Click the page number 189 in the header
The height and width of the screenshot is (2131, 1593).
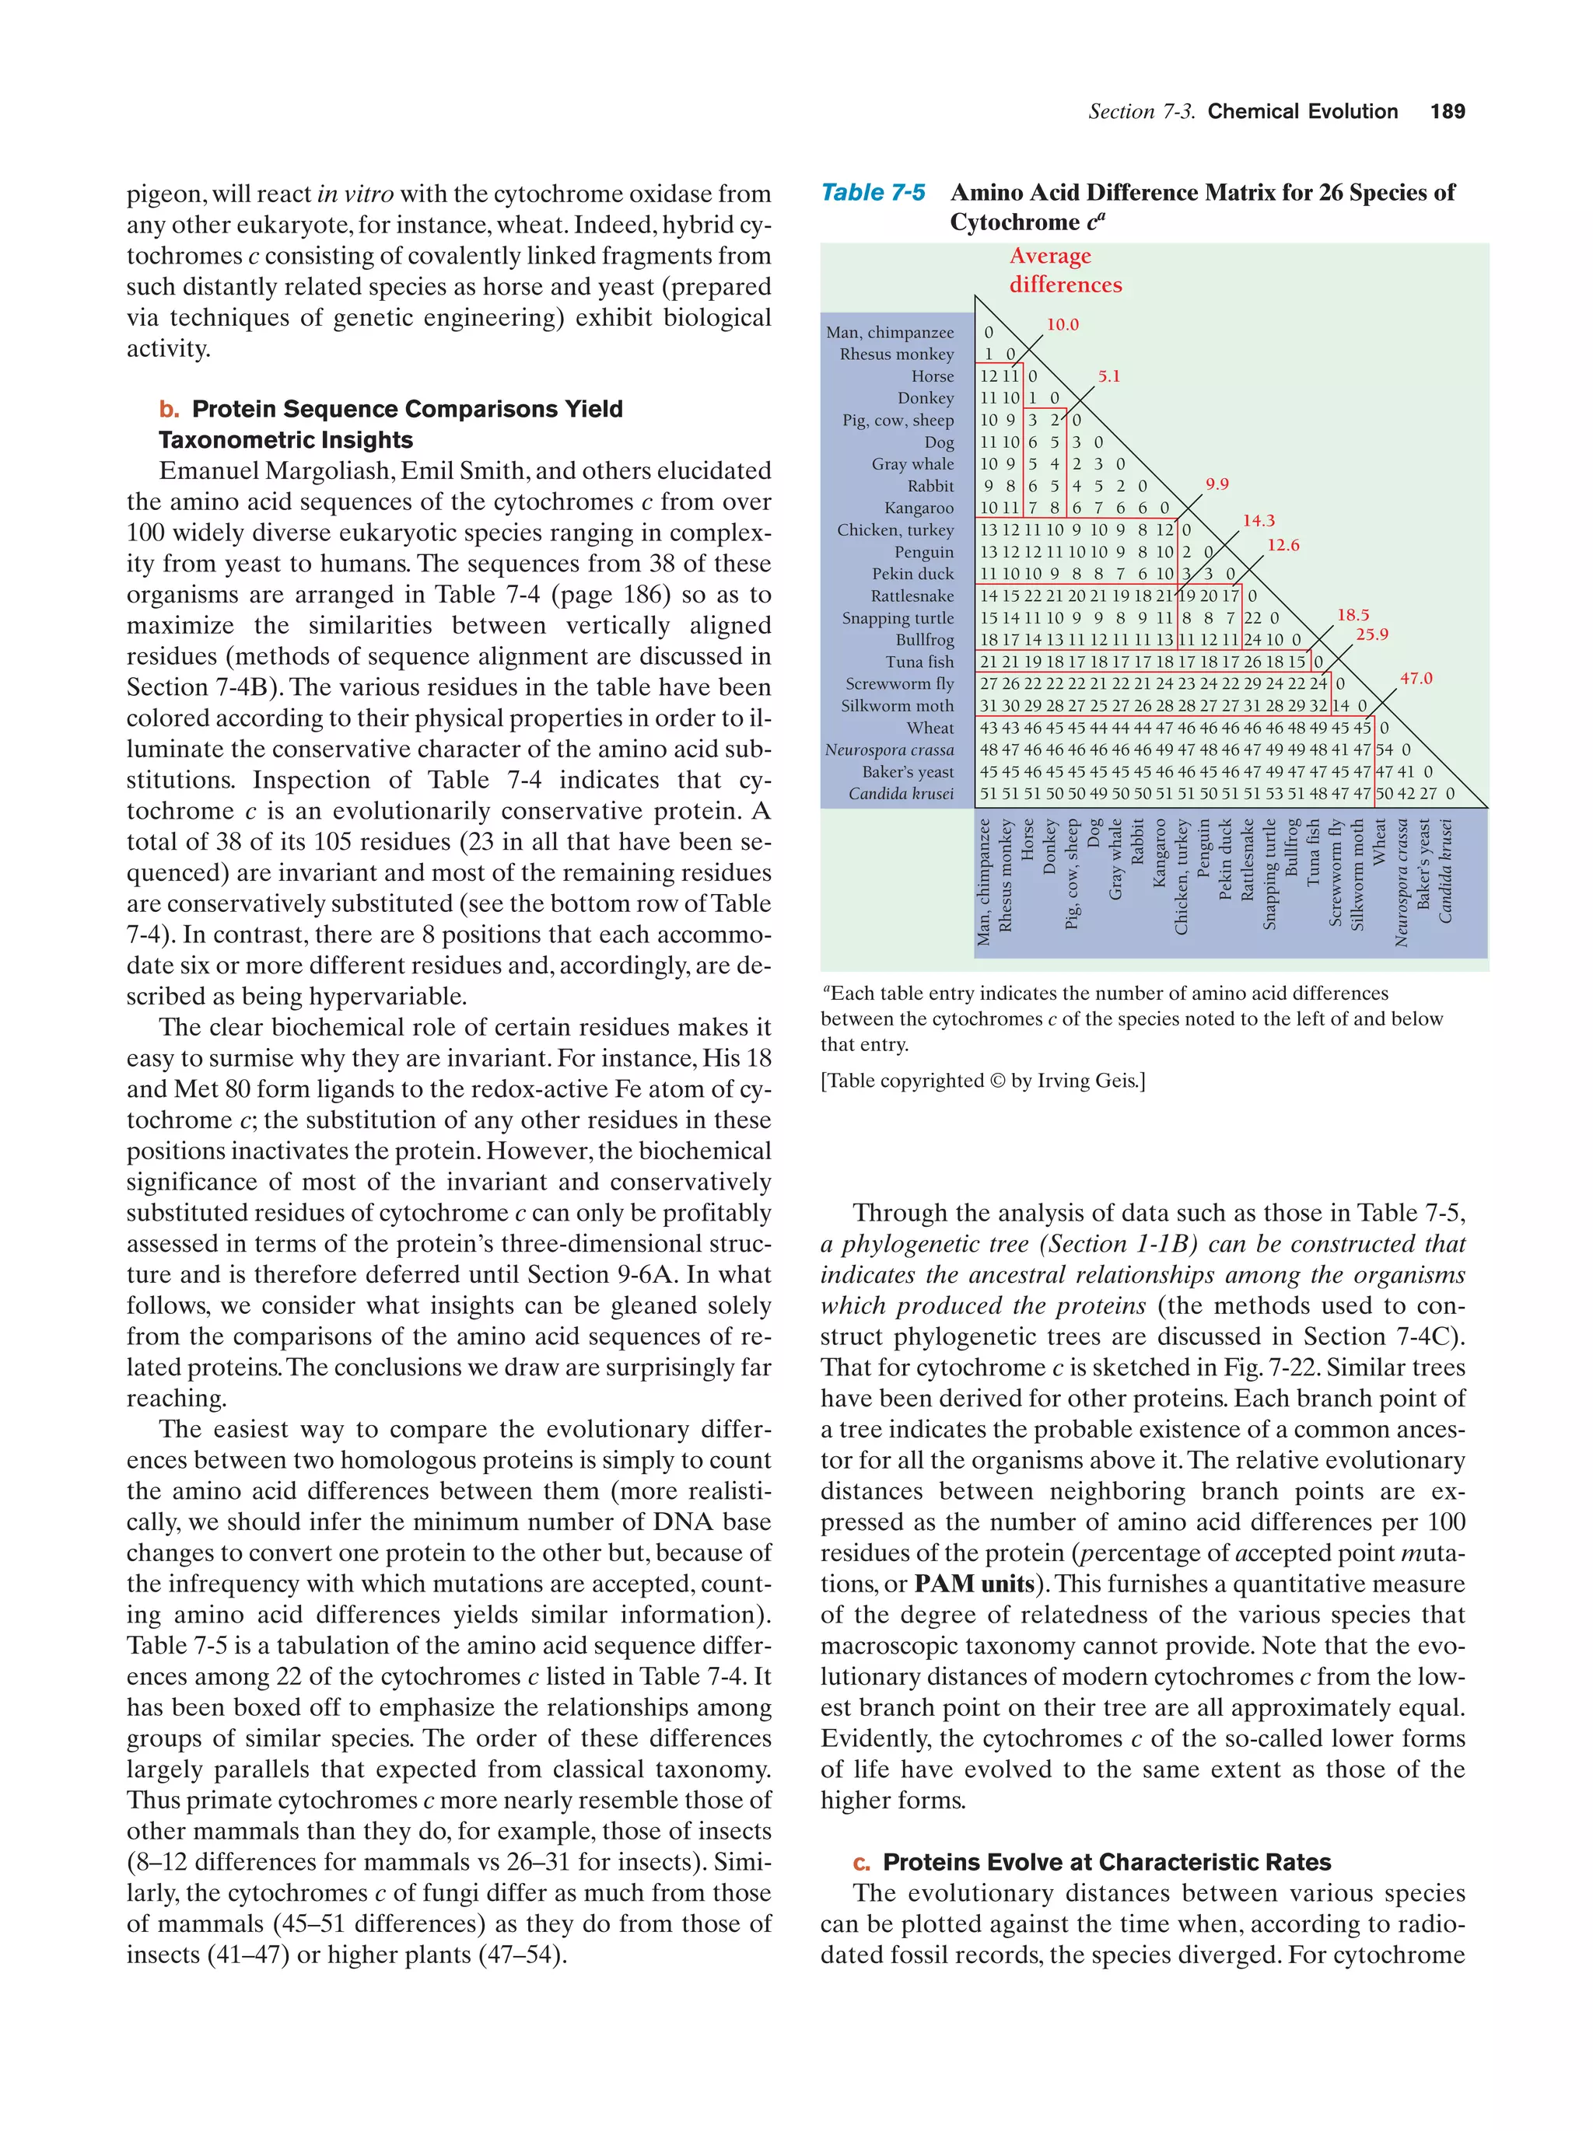point(1447,112)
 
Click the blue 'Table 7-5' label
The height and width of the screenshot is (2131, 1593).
point(872,193)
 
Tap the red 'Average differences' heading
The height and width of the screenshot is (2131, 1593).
point(1064,270)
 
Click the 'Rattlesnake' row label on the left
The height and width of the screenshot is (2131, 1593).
point(912,596)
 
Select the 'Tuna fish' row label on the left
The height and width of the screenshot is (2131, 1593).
point(919,662)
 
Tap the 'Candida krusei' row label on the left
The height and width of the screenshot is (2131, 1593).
point(900,794)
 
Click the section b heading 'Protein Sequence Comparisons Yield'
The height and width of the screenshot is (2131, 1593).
point(407,410)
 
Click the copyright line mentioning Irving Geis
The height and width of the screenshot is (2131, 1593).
point(982,1081)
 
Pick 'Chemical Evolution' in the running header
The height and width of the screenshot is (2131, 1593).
point(1302,112)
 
